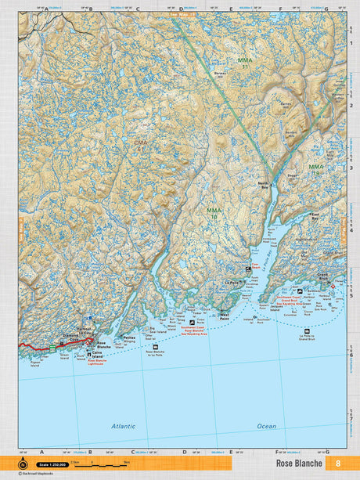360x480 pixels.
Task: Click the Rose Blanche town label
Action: (103, 345)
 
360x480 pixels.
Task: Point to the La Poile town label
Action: (232, 282)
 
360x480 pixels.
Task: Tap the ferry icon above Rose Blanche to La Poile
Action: (159, 345)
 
